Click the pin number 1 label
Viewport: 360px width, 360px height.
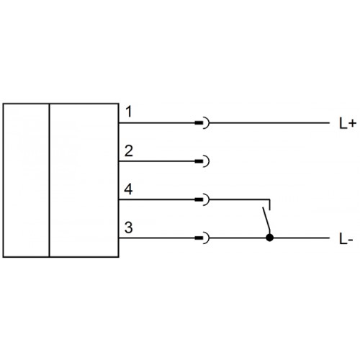(x=129, y=112)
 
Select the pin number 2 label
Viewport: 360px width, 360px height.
(x=129, y=151)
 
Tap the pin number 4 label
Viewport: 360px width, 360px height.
(x=128, y=189)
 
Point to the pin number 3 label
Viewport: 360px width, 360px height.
(x=129, y=228)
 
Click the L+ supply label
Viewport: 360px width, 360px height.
(x=347, y=124)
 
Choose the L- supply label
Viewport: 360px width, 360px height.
(x=346, y=239)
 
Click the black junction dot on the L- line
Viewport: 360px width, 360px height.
(x=270, y=238)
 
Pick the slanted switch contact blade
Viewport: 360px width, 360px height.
(x=266, y=221)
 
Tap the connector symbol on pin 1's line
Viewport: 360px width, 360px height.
(x=202, y=123)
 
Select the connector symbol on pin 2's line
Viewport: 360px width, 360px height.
(x=202, y=161)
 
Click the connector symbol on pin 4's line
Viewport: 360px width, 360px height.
(x=202, y=199)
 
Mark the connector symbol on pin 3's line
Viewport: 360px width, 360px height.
(x=202, y=238)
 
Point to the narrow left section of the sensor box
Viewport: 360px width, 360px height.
(x=26, y=180)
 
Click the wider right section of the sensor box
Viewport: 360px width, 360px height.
(x=84, y=180)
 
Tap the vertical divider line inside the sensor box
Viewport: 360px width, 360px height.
(x=50, y=180)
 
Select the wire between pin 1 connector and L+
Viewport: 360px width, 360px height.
(x=269, y=123)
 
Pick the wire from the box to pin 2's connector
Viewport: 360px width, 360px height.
(x=157, y=161)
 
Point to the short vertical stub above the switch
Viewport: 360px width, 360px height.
(x=270, y=204)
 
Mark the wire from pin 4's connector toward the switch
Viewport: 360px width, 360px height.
(x=240, y=199)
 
